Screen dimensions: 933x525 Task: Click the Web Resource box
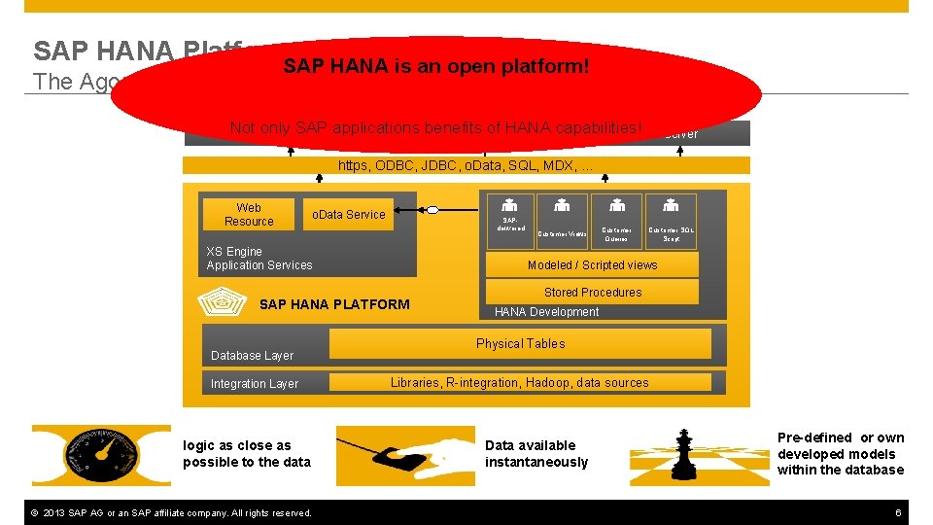click(249, 214)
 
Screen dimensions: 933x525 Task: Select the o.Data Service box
click(348, 215)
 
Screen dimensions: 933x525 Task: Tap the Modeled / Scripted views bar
click(592, 264)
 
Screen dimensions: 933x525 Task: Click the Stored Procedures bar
click(592, 292)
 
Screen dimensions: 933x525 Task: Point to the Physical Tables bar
click(520, 343)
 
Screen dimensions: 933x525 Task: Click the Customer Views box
click(562, 221)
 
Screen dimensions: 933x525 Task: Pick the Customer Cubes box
click(616, 221)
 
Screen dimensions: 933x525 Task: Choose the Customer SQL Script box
click(671, 221)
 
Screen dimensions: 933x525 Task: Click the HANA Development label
click(546, 312)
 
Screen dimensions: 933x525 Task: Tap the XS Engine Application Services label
click(259, 258)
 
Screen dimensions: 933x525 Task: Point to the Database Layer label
click(252, 356)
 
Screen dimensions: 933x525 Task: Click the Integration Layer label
click(255, 384)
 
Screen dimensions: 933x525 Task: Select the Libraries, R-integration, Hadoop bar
click(519, 383)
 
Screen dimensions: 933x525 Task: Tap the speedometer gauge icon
click(100, 455)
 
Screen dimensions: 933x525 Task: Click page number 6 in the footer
click(898, 512)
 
